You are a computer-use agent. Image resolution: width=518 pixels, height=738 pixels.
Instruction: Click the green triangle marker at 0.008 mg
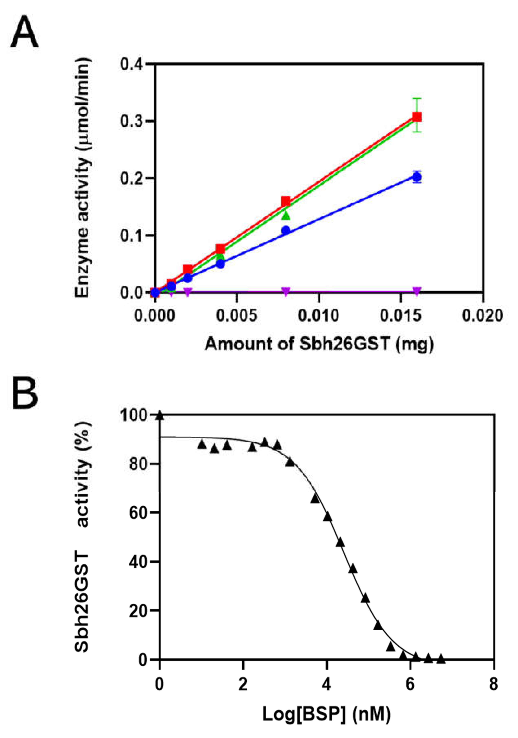pos(286,216)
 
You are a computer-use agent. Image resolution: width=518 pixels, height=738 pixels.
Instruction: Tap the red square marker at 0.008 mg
pos(286,202)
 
